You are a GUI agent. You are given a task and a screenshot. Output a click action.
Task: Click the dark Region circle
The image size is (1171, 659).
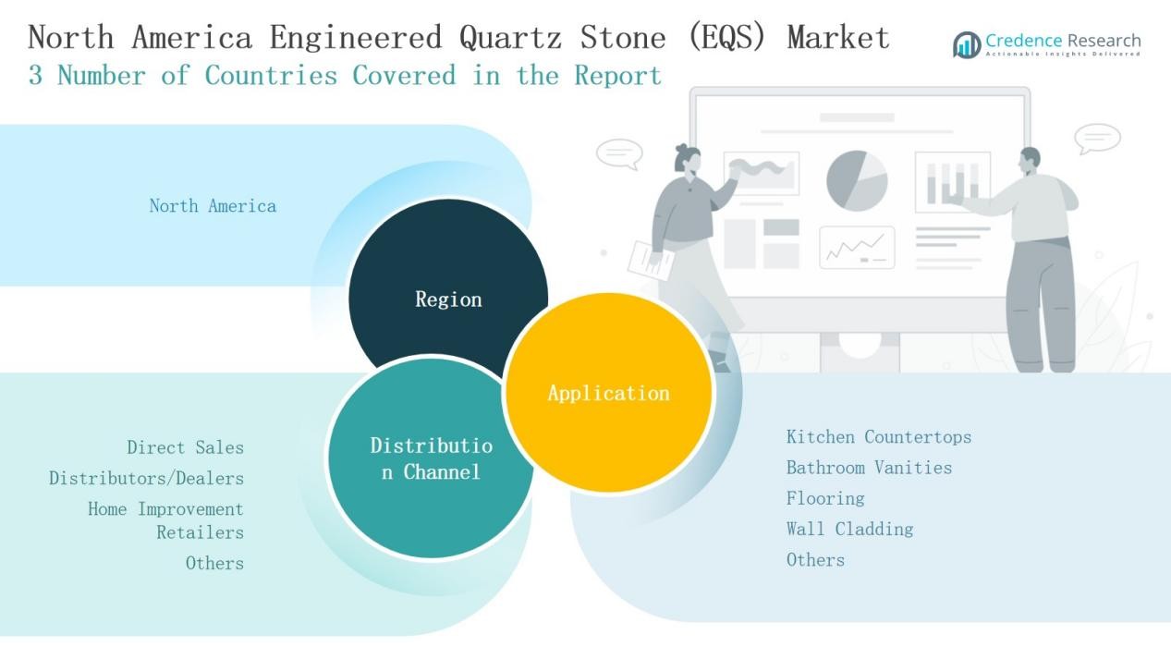coord(447,287)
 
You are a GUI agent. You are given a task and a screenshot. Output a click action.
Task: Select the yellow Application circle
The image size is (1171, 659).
coord(608,393)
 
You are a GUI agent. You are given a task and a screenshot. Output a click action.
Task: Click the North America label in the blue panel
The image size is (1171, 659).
coord(213,206)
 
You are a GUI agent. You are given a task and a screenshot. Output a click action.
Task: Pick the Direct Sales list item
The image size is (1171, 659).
coord(185,447)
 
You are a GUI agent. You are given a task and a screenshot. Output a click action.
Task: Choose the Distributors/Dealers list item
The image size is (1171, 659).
coord(146,478)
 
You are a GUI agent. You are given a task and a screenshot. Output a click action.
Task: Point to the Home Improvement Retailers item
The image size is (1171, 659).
coord(166,519)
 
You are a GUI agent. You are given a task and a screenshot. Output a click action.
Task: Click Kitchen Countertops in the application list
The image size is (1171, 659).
coord(878,436)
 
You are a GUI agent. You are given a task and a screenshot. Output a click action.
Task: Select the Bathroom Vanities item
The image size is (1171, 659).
coord(869,468)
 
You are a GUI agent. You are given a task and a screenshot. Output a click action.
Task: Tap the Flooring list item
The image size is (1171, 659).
coord(825,498)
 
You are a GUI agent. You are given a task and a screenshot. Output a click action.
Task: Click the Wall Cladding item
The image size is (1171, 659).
coord(849,529)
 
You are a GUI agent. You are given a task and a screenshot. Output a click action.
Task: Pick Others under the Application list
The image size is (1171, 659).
coord(815,559)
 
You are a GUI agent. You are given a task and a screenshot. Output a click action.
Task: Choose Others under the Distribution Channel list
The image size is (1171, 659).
coord(214,563)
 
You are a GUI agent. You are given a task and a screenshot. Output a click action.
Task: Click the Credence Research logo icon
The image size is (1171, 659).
coord(967,43)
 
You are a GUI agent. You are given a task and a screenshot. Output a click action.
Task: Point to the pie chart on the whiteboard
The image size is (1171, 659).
coord(857,180)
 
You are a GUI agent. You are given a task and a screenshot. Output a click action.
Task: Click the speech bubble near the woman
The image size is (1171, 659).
coord(618,153)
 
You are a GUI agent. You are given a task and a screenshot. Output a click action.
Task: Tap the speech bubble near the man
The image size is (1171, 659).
coord(1098,140)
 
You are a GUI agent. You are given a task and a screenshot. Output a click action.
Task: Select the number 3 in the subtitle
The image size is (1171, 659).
coord(35,76)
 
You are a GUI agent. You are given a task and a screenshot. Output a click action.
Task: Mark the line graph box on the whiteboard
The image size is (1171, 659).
coord(857,248)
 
